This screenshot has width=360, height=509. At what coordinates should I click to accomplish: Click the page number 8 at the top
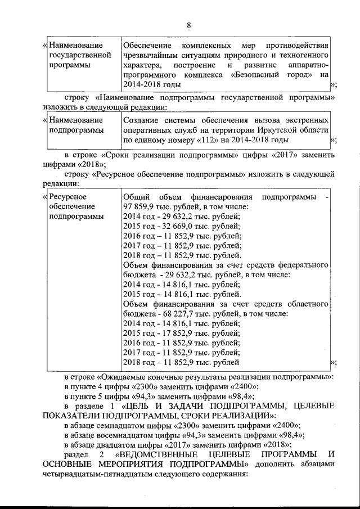point(188,25)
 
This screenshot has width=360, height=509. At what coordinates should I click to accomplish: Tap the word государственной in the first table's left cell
point(80,55)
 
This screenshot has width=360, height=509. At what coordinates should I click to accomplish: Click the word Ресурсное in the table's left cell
point(67,196)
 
